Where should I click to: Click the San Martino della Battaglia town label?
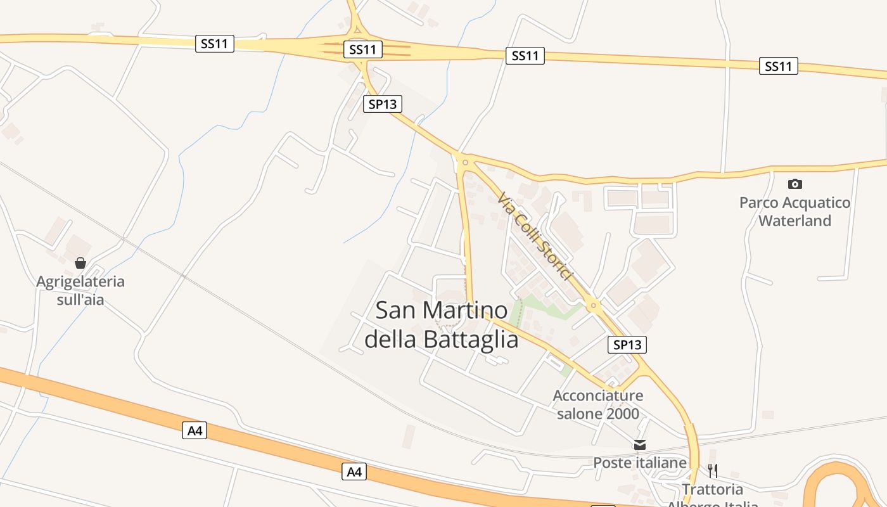[442, 325]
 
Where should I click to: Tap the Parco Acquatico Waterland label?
[794, 212]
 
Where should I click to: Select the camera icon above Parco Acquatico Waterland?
[794, 184]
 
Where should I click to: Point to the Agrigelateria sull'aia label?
[80, 290]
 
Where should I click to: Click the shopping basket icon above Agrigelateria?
[80, 263]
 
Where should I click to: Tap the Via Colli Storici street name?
[535, 236]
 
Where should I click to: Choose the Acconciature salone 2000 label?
[598, 405]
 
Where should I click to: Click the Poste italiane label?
[640, 463]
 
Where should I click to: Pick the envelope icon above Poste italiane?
[640, 444]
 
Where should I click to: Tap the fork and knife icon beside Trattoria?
[713, 470]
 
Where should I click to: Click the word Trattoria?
[712, 489]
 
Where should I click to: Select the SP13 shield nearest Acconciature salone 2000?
[627, 345]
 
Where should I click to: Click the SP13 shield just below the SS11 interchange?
[383, 104]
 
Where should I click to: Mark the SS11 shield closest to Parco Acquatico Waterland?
[778, 66]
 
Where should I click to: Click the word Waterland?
[794, 221]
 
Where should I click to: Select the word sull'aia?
[80, 299]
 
